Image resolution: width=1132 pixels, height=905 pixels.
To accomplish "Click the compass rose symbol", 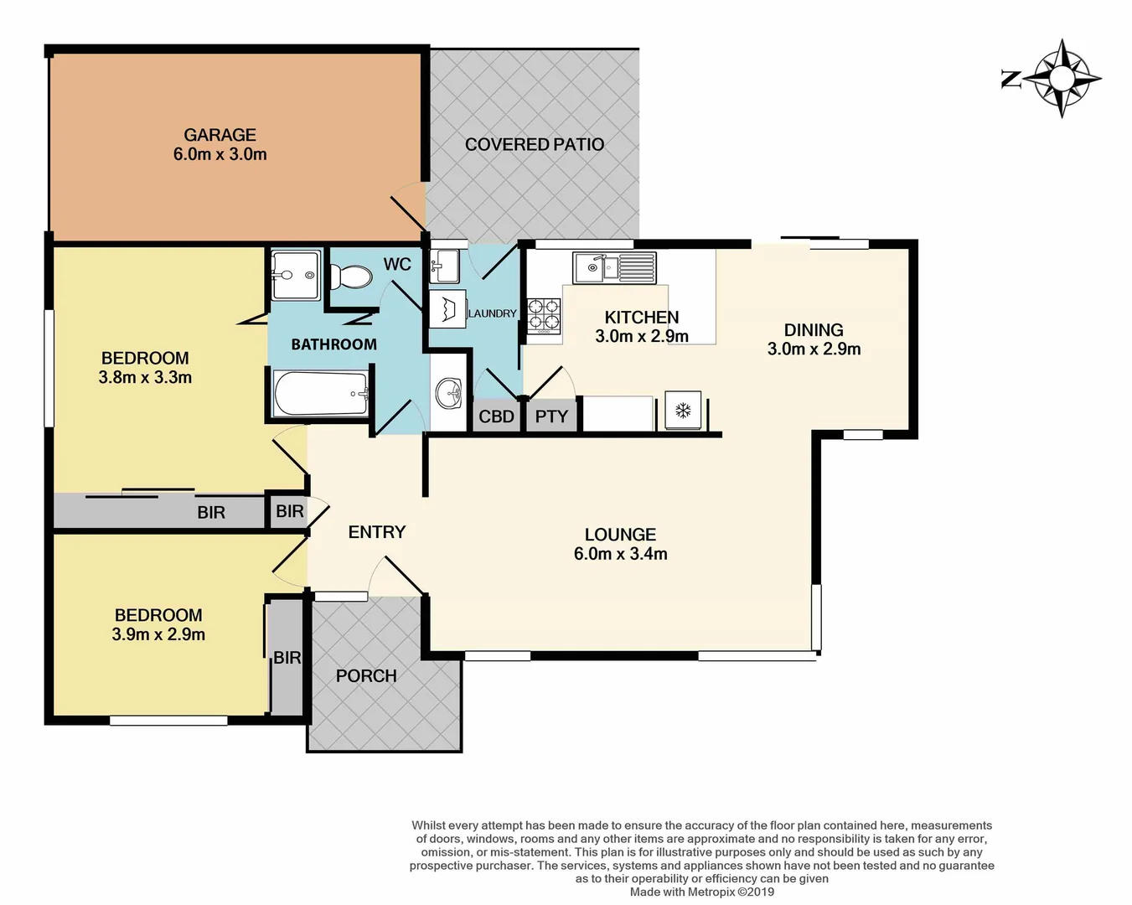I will (x=1062, y=79).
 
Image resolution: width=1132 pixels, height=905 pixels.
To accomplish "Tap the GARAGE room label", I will (x=220, y=135).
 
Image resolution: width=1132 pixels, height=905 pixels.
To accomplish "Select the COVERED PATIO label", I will (x=534, y=144).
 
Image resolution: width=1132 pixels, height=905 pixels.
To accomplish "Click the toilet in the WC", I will (x=351, y=276).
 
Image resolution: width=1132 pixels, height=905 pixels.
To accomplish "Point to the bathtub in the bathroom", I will (x=321, y=394).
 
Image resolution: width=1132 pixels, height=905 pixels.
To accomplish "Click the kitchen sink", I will (x=614, y=268).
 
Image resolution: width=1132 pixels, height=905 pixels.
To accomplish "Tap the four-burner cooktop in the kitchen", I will (x=544, y=316).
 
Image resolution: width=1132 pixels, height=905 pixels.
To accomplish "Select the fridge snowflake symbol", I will (x=683, y=411).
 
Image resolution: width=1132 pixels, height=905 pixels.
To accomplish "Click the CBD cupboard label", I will (x=496, y=416).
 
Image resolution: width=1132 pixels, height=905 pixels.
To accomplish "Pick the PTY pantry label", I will (x=551, y=416).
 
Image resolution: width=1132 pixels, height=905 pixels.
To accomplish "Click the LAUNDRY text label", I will (x=492, y=313).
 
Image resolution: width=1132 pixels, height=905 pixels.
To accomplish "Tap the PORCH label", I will (x=366, y=675).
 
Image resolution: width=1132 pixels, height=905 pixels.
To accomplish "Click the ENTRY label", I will (x=376, y=532).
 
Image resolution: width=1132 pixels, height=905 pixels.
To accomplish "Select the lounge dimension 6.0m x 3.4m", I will (x=620, y=554).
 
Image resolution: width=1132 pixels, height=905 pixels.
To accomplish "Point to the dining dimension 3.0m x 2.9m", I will (x=814, y=349).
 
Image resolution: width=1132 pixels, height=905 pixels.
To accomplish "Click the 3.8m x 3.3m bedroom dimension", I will (x=145, y=378).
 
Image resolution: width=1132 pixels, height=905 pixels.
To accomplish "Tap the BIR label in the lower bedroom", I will (x=287, y=658).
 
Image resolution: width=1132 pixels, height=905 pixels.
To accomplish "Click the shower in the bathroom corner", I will (x=296, y=274).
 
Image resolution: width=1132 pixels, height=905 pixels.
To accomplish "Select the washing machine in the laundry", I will (x=447, y=308).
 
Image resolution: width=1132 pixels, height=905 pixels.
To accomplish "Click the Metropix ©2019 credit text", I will (x=702, y=892).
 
